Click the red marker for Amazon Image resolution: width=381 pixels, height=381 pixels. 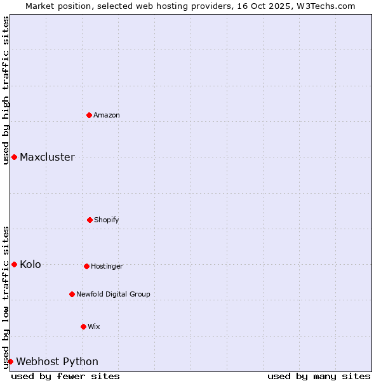click(x=90, y=115)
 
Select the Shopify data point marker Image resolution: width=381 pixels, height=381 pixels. click(x=90, y=220)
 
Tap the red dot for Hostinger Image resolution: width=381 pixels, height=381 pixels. click(x=86, y=266)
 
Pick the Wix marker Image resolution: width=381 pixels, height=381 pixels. click(x=83, y=326)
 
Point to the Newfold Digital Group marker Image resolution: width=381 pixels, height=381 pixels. click(x=72, y=294)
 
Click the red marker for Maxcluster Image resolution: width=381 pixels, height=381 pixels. click(x=14, y=157)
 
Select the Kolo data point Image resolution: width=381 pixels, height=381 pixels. click(x=14, y=264)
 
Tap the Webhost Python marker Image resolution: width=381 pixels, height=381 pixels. click(x=10, y=361)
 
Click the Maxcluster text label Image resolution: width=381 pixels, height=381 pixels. click(x=47, y=157)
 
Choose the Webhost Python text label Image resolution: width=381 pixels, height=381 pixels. click(x=57, y=362)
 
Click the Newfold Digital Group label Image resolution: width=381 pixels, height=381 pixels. click(x=113, y=295)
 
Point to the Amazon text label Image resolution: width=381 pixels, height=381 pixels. click(x=107, y=116)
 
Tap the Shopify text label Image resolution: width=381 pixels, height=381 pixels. click(x=107, y=220)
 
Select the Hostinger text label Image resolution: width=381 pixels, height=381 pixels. click(x=107, y=267)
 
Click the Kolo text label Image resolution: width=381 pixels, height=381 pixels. click(x=30, y=265)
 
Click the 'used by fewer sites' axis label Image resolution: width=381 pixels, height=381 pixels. click(x=65, y=376)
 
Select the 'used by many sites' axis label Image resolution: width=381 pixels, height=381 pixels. click(x=319, y=376)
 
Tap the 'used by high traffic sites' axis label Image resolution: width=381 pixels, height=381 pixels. click(x=6, y=90)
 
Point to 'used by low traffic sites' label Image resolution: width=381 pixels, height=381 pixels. click(x=6, y=297)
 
